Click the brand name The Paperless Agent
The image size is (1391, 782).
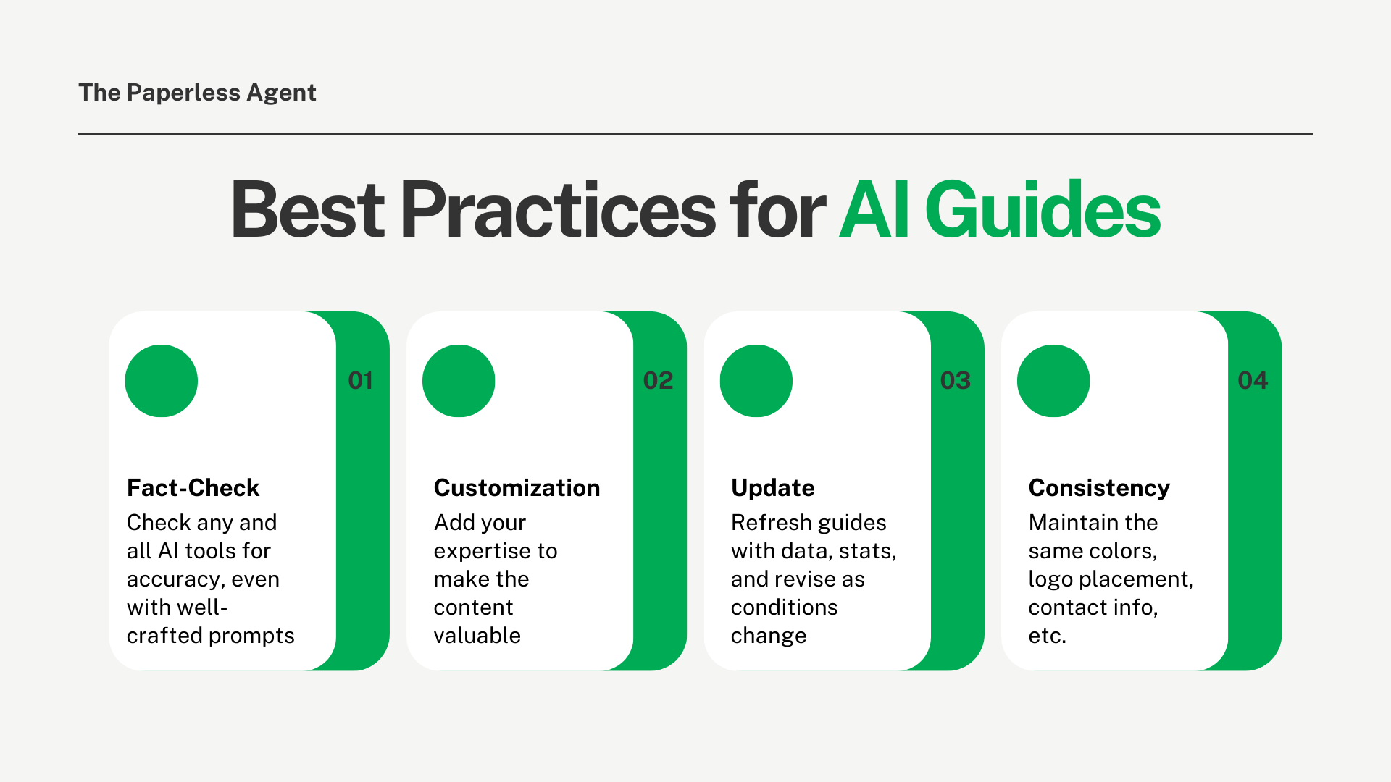click(x=197, y=93)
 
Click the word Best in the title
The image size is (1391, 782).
click(x=307, y=210)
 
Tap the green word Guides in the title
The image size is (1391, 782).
click(x=1043, y=210)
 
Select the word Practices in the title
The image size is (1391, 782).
click(x=558, y=210)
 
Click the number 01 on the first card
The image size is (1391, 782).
click(x=360, y=381)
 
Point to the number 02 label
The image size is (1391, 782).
click(x=658, y=381)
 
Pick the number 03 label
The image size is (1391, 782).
click(x=955, y=381)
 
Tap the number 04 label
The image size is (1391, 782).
click(x=1253, y=381)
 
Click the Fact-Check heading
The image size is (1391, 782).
click(x=193, y=488)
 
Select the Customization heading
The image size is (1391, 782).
click(x=517, y=488)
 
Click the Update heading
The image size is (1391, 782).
click(x=772, y=488)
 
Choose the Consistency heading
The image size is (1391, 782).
click(x=1099, y=488)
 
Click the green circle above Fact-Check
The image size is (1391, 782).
click(x=162, y=381)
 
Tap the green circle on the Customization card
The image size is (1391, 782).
click(x=459, y=381)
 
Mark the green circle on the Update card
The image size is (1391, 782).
click(x=756, y=381)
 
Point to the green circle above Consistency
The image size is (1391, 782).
click(x=1053, y=381)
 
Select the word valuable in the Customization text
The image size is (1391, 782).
click(x=477, y=636)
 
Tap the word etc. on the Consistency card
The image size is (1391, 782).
click(x=1047, y=636)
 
